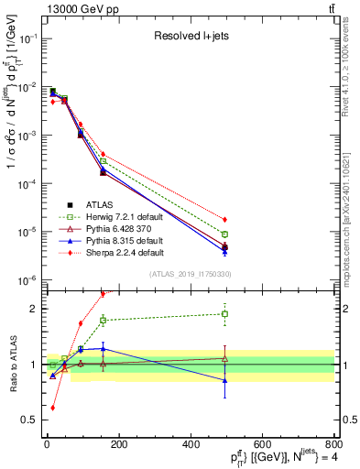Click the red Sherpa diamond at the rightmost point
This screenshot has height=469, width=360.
coord(224,220)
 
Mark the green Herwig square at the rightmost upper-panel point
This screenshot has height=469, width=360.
coord(224,234)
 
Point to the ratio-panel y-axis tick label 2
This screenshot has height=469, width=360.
coord(33,309)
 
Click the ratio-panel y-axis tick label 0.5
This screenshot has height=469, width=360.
coord(30,420)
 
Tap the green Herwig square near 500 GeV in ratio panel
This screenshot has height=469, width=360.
coord(224,314)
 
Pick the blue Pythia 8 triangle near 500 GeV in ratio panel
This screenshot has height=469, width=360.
coord(224,380)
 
